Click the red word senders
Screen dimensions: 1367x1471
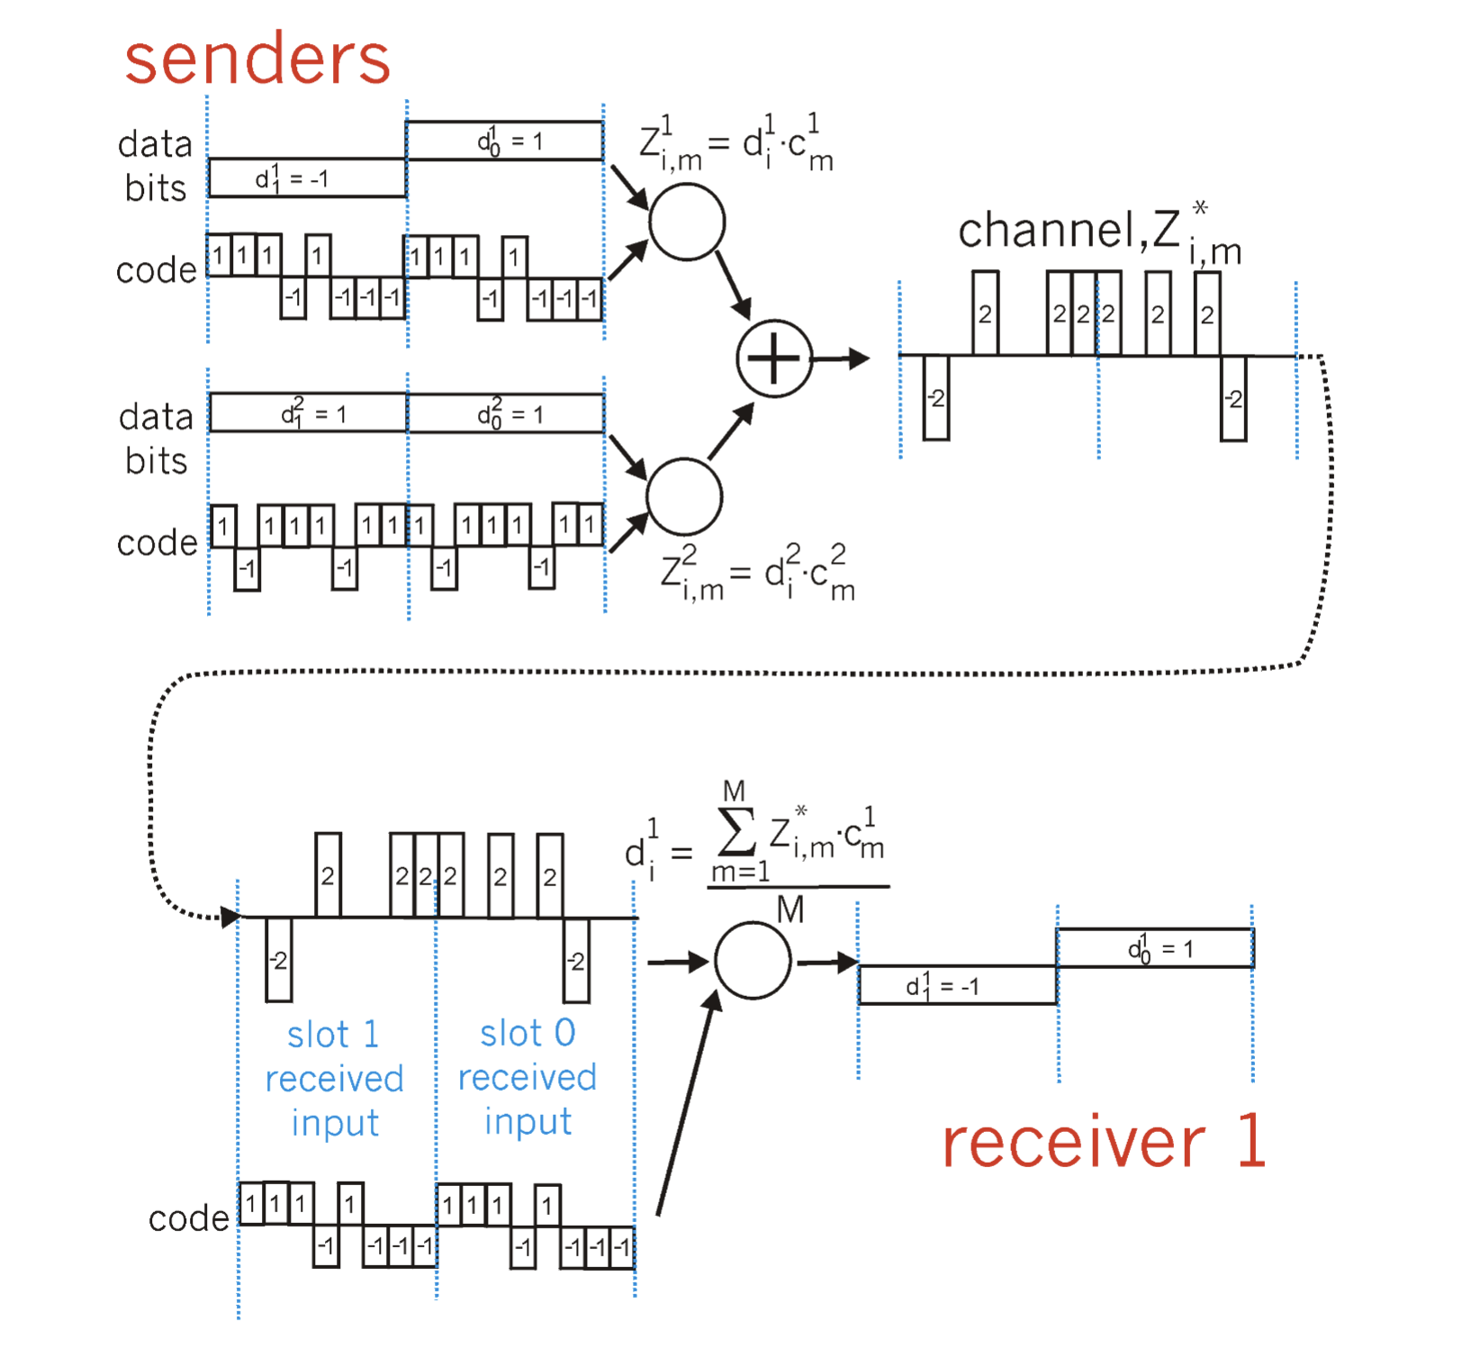tap(257, 59)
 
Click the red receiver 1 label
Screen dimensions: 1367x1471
tap(1104, 1142)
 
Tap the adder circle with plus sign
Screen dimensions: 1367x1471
tap(774, 358)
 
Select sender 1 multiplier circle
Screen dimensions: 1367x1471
tap(687, 222)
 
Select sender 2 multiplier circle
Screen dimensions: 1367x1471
tap(684, 496)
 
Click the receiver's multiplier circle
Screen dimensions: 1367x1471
tap(753, 960)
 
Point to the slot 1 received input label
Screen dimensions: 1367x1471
tap(334, 1078)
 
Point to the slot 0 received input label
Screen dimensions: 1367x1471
tap(528, 1076)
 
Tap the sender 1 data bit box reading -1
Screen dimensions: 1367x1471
tap(307, 178)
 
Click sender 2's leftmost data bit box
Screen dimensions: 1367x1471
tap(308, 413)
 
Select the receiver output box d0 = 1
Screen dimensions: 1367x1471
tap(1155, 948)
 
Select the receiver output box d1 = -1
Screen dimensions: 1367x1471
tap(957, 985)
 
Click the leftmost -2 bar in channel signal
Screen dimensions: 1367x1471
tap(936, 397)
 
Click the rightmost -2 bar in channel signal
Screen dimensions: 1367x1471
tap(1233, 398)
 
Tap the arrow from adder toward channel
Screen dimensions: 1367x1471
tap(841, 358)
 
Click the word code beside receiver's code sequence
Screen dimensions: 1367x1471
tap(188, 1218)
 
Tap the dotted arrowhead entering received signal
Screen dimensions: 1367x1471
tap(230, 917)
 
